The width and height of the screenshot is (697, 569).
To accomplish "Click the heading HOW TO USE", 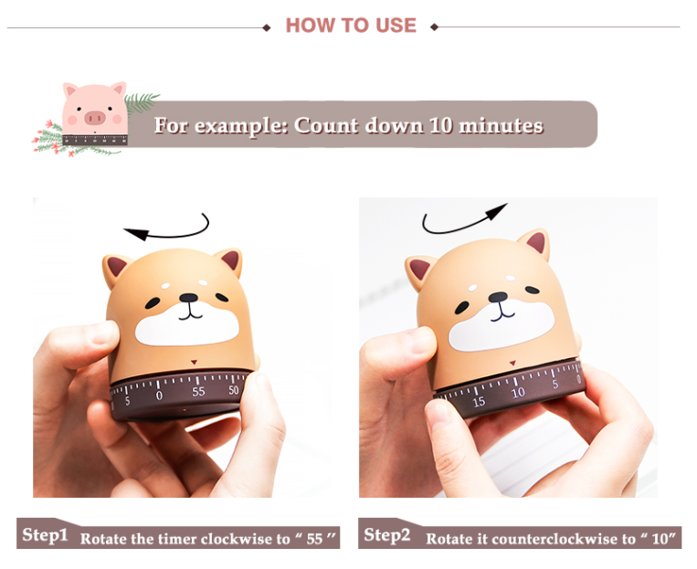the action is [x=351, y=26].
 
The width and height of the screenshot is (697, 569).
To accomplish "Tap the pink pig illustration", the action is [x=94, y=113].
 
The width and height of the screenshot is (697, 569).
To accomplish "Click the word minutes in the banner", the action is [x=501, y=125].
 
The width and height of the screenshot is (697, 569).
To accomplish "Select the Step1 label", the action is [x=45, y=535].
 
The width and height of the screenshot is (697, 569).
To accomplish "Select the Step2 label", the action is [x=386, y=535].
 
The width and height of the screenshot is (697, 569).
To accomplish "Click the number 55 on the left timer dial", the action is [x=198, y=392].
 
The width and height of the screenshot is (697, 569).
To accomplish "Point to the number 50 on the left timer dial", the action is [x=234, y=390].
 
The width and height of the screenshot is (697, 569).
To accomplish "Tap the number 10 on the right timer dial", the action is [x=518, y=393].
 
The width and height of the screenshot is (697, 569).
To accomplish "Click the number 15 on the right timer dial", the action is [x=479, y=402].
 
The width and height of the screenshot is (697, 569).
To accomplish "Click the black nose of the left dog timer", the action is [x=188, y=298].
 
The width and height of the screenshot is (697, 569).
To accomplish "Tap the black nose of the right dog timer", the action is [x=498, y=297].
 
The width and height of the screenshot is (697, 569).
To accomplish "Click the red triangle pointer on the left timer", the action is [x=194, y=363].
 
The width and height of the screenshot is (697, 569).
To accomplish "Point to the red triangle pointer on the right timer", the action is [x=512, y=364].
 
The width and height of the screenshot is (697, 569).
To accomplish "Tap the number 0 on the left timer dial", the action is [x=159, y=395].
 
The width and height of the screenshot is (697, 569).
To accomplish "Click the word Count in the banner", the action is [x=325, y=125].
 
